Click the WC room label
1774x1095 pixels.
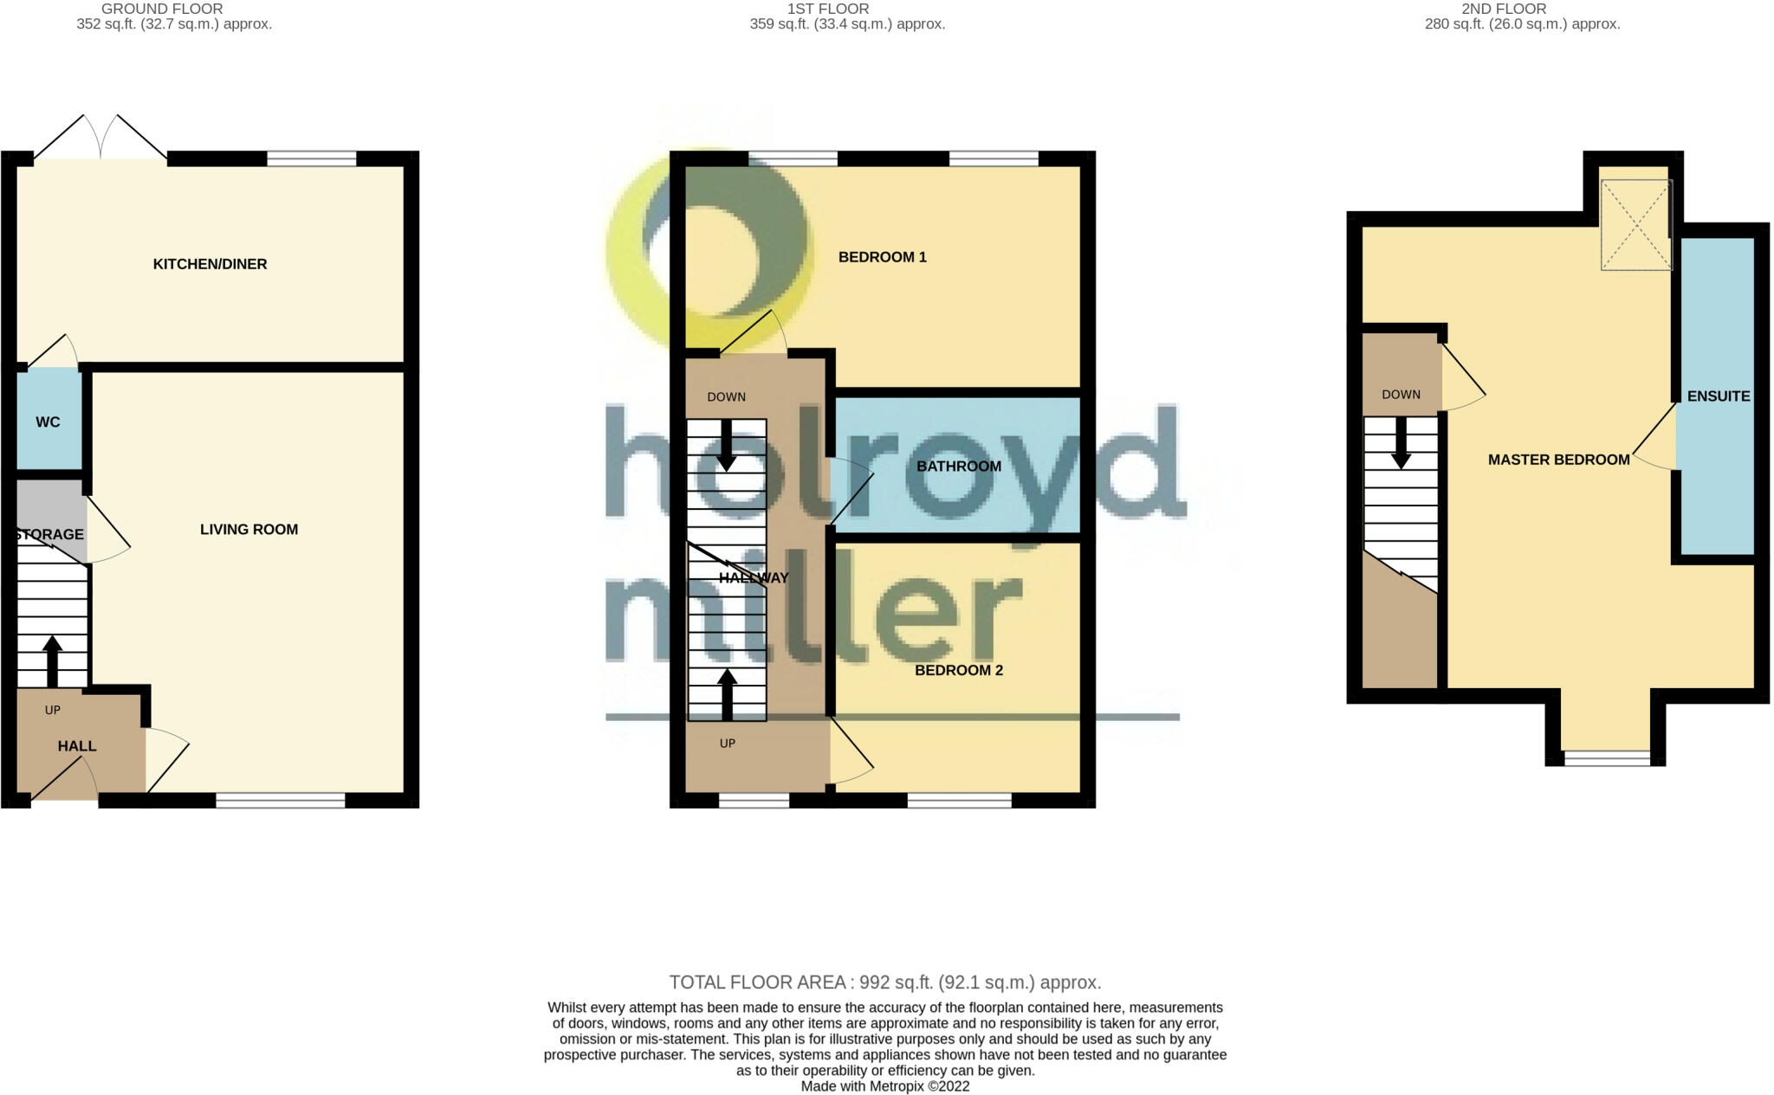[48, 422]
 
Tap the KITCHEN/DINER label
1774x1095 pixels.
[210, 264]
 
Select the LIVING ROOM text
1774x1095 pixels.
[249, 529]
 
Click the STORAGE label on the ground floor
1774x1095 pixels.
[50, 534]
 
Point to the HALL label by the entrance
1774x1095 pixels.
[77, 745]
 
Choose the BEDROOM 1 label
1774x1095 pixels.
[882, 257]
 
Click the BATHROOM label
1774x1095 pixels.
[958, 466]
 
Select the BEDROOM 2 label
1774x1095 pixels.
[958, 670]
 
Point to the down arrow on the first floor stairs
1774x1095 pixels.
[727, 445]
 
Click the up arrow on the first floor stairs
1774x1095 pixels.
[727, 694]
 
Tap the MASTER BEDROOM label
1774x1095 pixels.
[1558, 460]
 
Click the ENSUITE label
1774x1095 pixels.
[1718, 396]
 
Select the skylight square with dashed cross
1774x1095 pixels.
[1635, 225]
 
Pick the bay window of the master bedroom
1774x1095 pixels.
[1607, 758]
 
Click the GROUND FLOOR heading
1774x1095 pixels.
[162, 9]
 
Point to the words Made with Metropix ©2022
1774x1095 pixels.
[884, 1086]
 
